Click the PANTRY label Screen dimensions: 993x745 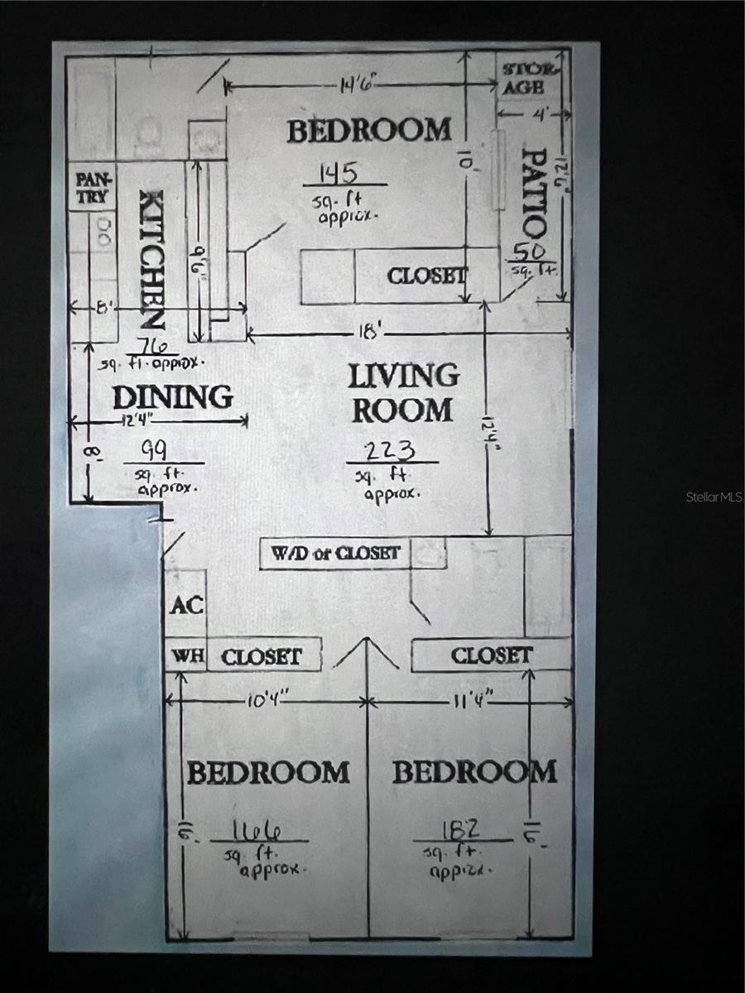[x=92, y=188]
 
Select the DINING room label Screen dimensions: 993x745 [x=172, y=397]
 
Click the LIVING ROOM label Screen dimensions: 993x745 [x=402, y=392]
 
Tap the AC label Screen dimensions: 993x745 [x=186, y=605]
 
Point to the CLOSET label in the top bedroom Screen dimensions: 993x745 [x=426, y=276]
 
